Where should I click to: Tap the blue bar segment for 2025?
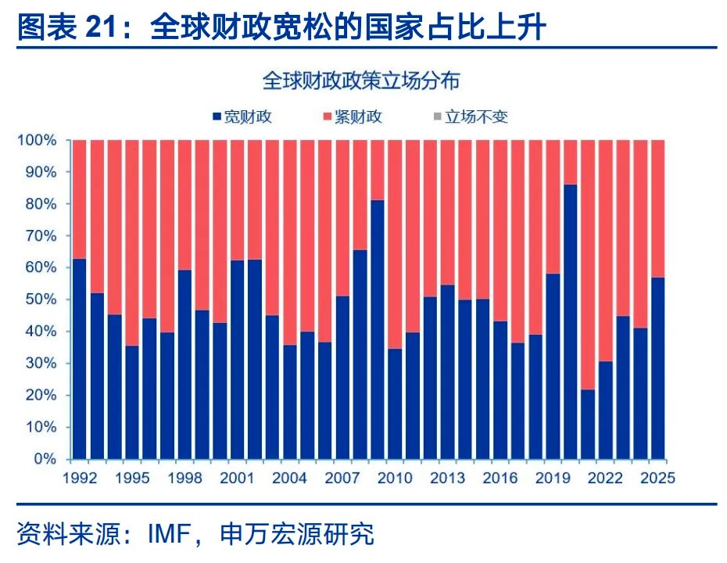657,368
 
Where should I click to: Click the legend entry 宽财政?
242,117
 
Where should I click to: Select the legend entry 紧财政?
353,117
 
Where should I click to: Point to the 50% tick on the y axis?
42,299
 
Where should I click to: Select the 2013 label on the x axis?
447,478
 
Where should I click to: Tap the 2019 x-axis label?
552,478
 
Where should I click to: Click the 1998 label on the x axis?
184,478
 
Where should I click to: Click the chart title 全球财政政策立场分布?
361,81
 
